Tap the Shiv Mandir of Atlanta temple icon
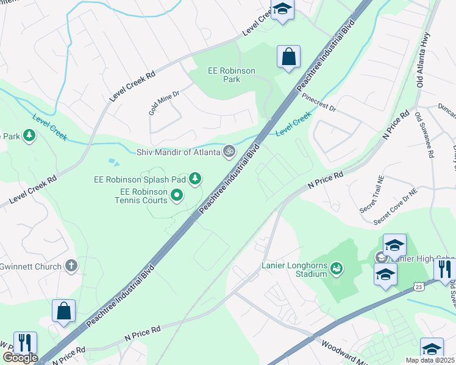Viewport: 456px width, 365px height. pos(229,151)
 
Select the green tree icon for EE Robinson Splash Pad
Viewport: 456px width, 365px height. pos(195,178)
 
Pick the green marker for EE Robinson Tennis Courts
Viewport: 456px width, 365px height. pos(177,195)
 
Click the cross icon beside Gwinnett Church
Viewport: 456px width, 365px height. pos(71,266)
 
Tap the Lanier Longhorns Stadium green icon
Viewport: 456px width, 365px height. pos(336,267)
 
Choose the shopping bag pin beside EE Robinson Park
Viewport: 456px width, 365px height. pos(289,57)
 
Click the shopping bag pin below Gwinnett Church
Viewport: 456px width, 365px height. pos(63,311)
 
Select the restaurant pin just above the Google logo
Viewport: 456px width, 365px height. pos(25,342)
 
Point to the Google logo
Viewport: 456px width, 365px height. pos(20,358)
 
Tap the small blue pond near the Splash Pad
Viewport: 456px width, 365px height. pos(113,162)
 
